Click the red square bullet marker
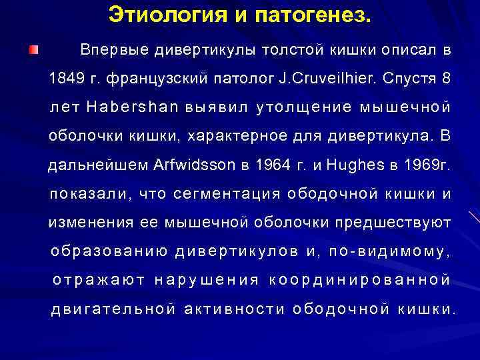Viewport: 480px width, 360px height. (33, 51)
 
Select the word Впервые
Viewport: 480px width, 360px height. (113, 50)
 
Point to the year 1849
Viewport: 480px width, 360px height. (65, 79)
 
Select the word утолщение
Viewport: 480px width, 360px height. (306, 107)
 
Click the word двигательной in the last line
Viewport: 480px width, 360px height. (113, 309)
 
